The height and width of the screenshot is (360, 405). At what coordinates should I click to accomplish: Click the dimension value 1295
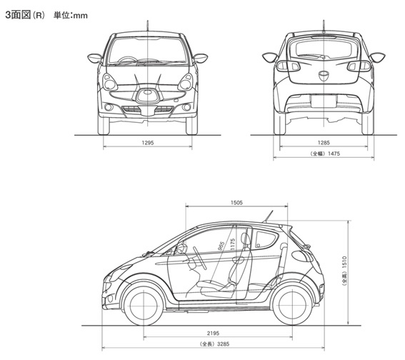click(x=147, y=143)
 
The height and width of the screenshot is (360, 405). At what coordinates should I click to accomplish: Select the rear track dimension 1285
click(x=324, y=143)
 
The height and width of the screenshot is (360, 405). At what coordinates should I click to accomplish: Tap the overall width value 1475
click(x=334, y=154)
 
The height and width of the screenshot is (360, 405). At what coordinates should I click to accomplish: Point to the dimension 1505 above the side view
click(x=236, y=203)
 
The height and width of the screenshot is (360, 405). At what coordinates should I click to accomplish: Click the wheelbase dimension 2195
click(x=213, y=333)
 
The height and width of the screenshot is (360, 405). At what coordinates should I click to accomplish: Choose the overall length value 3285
click(x=223, y=344)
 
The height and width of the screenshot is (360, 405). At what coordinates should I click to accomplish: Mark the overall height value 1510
click(x=344, y=262)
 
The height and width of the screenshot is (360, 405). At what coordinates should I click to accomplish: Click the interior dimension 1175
click(x=233, y=244)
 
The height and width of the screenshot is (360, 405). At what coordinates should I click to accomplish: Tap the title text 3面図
click(x=18, y=15)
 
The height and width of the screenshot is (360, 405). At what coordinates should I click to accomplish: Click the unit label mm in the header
click(x=80, y=16)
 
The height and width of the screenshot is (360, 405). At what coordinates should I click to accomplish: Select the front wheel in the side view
click(x=144, y=306)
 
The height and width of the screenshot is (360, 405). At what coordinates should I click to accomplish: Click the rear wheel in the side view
click(x=292, y=306)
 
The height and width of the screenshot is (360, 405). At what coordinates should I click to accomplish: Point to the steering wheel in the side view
click(x=200, y=258)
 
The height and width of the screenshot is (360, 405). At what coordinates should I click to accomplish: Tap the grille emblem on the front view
click(x=147, y=92)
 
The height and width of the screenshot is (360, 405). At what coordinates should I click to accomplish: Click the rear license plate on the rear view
click(x=324, y=101)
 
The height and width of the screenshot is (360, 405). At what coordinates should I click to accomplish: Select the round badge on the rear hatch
click(x=324, y=76)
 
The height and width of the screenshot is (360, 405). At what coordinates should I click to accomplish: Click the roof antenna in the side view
click(x=268, y=216)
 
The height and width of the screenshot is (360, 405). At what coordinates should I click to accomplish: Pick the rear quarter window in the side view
click(x=266, y=239)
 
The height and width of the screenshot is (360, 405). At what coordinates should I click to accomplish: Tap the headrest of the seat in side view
click(x=246, y=239)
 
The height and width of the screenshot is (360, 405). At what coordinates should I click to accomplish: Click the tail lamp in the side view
click(x=301, y=256)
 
